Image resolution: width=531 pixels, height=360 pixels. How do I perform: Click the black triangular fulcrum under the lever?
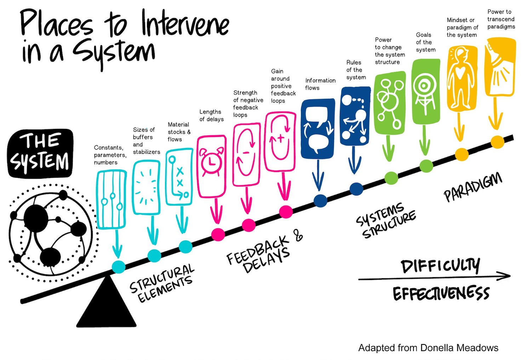point(107,306)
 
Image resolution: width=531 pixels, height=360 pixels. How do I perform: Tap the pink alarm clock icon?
point(212,162)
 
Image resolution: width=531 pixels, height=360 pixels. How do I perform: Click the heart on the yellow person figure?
point(460,72)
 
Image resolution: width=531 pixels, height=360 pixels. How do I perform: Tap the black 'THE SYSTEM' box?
point(40,153)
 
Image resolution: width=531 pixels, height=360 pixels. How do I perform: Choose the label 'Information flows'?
point(320,84)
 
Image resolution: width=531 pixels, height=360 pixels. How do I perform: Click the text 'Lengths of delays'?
point(211,115)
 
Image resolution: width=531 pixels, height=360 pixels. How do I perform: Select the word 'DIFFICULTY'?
point(440,266)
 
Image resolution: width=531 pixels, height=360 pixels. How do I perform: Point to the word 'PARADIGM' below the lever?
point(473,187)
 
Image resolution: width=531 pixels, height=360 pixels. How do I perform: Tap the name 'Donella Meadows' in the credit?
point(459,348)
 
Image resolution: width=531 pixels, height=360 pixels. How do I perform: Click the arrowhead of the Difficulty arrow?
point(504,276)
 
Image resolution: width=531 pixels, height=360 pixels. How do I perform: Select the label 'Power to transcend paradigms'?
point(501,19)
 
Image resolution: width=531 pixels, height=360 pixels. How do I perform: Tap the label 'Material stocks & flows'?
point(179,132)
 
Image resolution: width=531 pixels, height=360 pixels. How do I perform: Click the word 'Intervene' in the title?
point(185,24)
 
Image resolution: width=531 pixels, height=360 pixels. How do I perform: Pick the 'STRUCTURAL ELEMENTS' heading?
point(162,283)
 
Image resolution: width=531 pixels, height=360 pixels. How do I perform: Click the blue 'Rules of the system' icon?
point(355,116)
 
